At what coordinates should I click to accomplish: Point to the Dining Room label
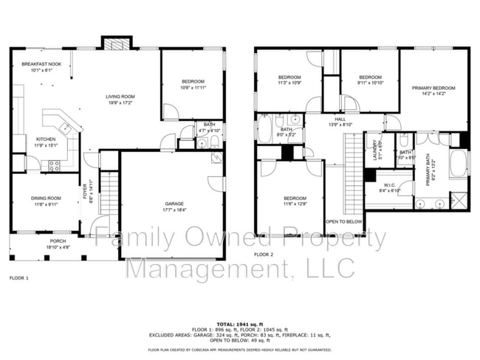(46, 198)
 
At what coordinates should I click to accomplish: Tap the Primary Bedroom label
(433, 89)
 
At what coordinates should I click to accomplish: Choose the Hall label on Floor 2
(340, 119)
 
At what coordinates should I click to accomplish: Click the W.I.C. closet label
(390, 185)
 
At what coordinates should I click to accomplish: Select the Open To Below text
(343, 221)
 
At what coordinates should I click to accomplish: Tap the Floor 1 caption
(18, 278)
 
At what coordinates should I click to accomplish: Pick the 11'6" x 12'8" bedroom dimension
(295, 204)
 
